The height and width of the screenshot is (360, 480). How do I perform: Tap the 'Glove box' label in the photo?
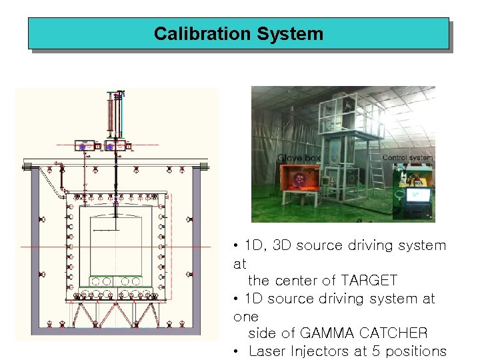[299, 158]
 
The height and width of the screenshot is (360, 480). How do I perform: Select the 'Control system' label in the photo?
[407, 158]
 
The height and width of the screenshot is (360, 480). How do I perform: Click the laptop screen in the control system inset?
[420, 195]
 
